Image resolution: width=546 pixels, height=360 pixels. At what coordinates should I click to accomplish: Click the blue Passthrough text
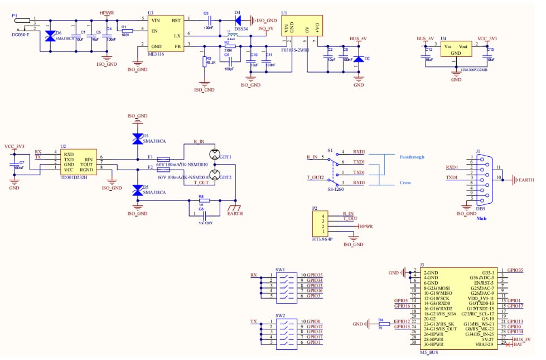point(412,157)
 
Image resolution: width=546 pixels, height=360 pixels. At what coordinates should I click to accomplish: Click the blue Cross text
point(406,183)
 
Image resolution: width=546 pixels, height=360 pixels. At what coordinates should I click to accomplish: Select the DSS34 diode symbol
point(238,20)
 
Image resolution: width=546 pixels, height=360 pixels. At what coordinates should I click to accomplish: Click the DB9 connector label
point(480,209)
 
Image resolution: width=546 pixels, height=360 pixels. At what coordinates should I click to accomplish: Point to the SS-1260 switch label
point(335,189)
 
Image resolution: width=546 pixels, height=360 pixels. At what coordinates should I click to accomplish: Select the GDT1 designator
point(225,157)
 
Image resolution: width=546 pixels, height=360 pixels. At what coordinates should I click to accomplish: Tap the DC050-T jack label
point(21,35)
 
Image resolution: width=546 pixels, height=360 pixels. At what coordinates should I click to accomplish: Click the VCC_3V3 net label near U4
point(487,39)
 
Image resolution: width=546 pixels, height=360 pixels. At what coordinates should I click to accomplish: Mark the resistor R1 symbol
point(127,31)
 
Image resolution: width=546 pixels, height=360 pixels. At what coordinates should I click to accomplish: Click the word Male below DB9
point(482,218)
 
